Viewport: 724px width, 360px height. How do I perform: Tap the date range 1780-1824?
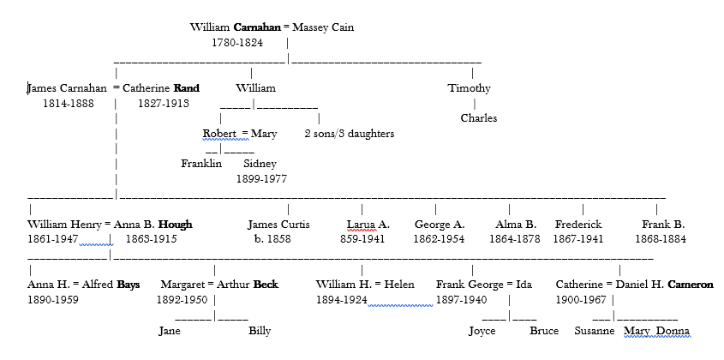(x=237, y=42)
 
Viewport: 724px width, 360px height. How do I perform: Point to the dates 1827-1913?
(x=163, y=103)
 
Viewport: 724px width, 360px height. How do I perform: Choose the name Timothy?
(x=469, y=87)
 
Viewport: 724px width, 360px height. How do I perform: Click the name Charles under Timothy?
(x=478, y=118)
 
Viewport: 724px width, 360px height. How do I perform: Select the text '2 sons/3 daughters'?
(x=349, y=134)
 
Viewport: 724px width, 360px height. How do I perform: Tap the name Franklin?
(x=201, y=164)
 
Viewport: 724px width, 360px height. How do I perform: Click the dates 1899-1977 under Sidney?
(x=261, y=179)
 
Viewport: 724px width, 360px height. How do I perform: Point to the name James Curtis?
(x=278, y=225)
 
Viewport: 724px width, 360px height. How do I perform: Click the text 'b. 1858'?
(x=269, y=239)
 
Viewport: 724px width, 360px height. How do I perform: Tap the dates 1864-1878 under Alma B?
(x=515, y=239)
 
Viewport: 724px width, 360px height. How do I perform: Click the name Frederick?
(x=578, y=225)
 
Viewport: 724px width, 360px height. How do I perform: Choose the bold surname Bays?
(x=123, y=285)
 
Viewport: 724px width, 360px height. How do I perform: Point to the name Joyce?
(x=482, y=331)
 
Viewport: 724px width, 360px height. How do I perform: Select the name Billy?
(x=260, y=331)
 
